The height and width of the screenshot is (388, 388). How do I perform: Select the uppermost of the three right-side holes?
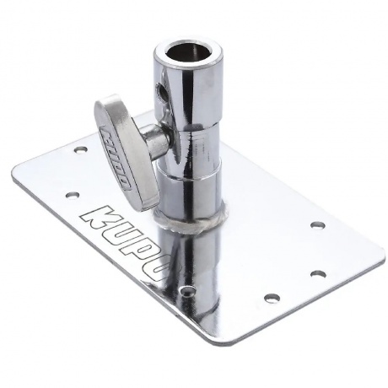(318, 224)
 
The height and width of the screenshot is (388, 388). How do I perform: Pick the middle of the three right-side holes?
(318, 272)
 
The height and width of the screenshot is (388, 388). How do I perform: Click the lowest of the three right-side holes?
(272, 297)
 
